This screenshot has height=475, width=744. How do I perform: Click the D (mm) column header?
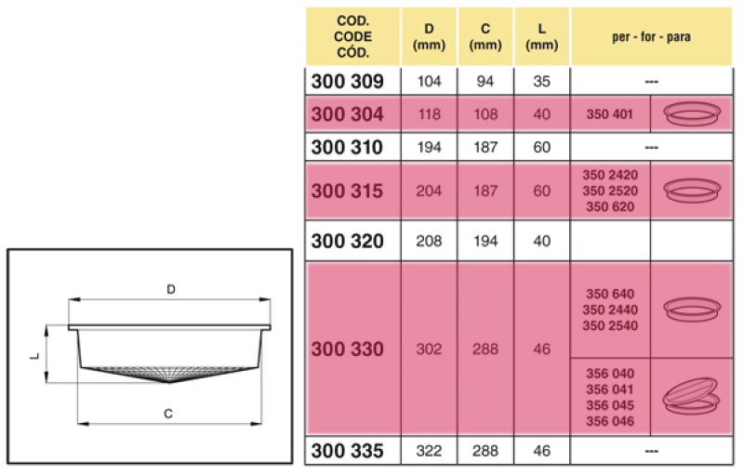[429, 36]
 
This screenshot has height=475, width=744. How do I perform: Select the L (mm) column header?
[542, 36]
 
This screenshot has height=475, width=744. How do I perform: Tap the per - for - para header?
[652, 36]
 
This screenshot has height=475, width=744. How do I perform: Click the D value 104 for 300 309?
[429, 81]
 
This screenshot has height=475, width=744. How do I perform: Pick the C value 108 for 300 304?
[485, 114]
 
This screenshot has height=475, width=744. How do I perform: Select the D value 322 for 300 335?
[429, 452]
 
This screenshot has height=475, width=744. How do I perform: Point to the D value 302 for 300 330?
[429, 350]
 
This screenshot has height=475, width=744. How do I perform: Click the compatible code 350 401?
[610, 114]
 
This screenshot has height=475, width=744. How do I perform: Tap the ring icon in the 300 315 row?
[693, 190]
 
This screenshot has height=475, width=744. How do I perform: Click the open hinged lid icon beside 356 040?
[693, 396]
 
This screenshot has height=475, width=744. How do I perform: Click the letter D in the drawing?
[171, 289]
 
